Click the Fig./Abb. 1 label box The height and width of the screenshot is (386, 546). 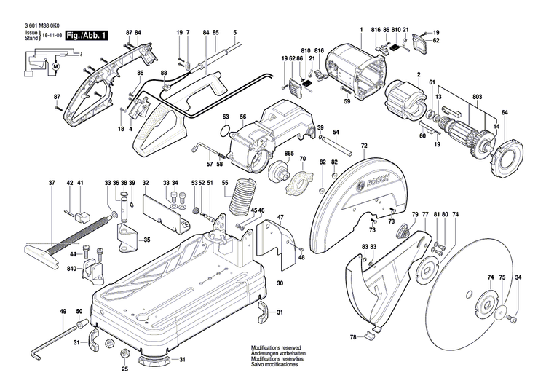86,35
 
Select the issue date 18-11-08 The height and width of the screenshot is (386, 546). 52,34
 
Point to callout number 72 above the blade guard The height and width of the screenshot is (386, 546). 363,146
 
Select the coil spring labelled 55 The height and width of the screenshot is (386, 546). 242,195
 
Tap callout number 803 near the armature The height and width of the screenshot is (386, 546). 478,97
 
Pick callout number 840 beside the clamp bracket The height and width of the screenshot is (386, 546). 72,269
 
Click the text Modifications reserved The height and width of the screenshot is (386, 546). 275,348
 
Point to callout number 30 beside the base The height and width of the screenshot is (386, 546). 280,283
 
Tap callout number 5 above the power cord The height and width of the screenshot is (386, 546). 235,33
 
